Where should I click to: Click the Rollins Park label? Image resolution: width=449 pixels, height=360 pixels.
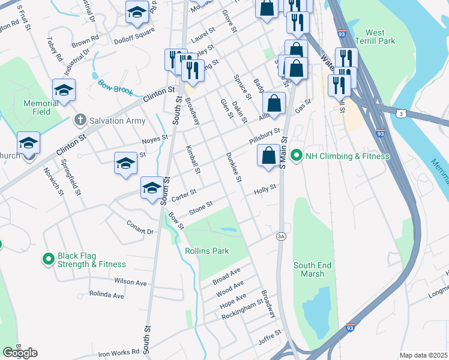click(x=207, y=251)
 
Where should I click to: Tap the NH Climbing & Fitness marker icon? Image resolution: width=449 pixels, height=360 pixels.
click(x=296, y=156)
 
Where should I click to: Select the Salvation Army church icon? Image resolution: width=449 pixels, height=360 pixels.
click(x=79, y=121)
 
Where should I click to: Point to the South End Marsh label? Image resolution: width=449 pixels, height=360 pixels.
click(x=312, y=269)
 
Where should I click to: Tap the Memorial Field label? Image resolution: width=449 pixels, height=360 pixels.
click(x=41, y=107)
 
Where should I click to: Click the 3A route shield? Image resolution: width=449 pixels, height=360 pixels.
click(x=280, y=236)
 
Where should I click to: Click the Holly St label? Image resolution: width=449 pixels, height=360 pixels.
click(x=264, y=189)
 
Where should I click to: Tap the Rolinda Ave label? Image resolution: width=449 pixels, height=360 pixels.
click(x=106, y=295)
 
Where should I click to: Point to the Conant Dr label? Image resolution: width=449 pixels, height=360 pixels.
click(x=140, y=227)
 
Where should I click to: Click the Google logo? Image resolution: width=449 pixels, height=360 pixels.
click(x=20, y=353)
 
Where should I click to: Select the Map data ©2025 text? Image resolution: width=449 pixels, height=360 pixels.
click(x=423, y=355)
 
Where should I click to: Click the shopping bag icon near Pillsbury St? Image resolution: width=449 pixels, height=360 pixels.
click(x=268, y=155)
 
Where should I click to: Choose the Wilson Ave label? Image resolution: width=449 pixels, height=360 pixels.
click(x=130, y=281)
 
